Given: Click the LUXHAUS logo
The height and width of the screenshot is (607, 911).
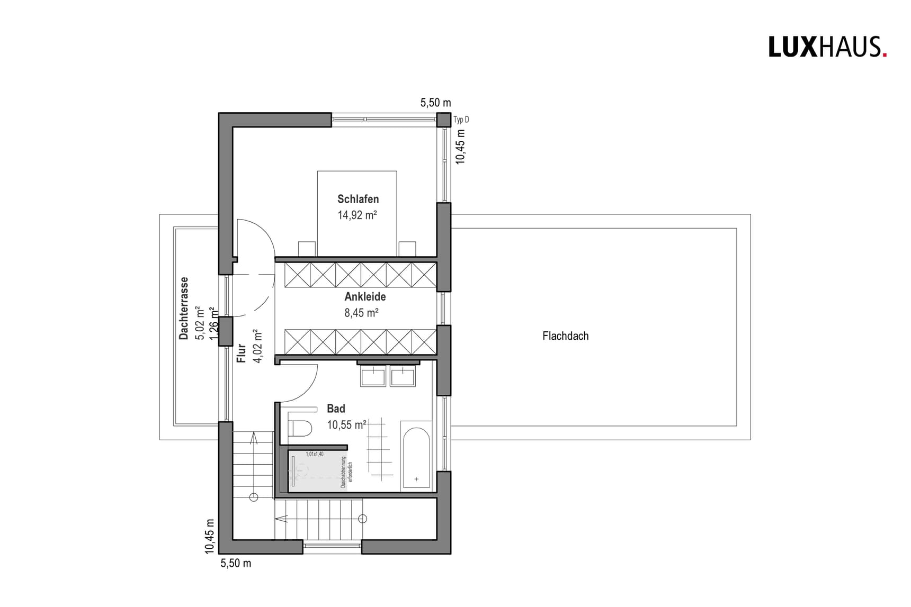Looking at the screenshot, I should (827, 47).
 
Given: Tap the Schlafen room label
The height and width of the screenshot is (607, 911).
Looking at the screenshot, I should (358, 199).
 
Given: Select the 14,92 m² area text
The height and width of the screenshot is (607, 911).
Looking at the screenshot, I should (357, 215).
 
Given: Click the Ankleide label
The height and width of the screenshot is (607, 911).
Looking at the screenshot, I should (365, 296).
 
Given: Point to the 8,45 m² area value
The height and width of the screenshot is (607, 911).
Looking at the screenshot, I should (361, 313).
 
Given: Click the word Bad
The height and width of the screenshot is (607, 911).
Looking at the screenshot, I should (336, 409).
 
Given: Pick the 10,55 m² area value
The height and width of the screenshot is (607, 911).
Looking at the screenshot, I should (346, 424).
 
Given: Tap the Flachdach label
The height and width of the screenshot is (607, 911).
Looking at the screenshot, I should (565, 336).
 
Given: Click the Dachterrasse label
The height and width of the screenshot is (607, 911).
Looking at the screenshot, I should (184, 308).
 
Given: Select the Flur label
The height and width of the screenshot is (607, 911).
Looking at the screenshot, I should (242, 353).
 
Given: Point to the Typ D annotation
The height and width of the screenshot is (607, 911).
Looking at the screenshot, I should (461, 120).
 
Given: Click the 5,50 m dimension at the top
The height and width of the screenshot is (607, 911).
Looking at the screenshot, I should (435, 103).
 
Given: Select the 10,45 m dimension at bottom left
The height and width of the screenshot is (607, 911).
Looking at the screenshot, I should (210, 536).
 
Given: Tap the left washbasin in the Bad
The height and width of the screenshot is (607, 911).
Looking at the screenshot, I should (373, 377).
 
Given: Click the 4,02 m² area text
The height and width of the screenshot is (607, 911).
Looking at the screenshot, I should (257, 346).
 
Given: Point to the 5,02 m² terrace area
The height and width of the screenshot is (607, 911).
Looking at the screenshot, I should (199, 322).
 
